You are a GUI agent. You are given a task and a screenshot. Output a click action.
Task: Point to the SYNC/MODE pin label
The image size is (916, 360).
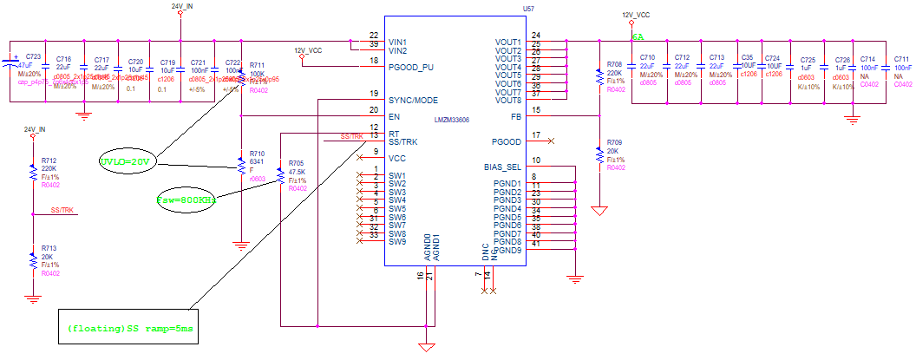[414, 100]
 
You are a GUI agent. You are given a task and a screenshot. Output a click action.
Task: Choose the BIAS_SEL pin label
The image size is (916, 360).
[501, 167]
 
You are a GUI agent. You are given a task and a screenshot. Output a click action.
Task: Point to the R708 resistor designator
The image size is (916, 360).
[614, 65]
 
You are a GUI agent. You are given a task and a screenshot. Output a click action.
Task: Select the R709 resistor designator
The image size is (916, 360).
[614, 141]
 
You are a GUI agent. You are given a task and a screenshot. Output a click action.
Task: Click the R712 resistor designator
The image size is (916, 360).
[49, 160]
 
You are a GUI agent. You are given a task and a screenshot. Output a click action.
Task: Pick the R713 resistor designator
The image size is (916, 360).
[49, 247]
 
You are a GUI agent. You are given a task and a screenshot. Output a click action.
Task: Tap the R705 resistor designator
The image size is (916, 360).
[297, 162]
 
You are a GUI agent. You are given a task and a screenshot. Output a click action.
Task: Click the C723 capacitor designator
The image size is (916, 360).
[34, 56]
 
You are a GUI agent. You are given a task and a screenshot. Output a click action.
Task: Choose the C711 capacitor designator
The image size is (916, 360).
[903, 59]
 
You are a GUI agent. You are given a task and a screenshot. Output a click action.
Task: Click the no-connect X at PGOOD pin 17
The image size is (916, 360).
[552, 141]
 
